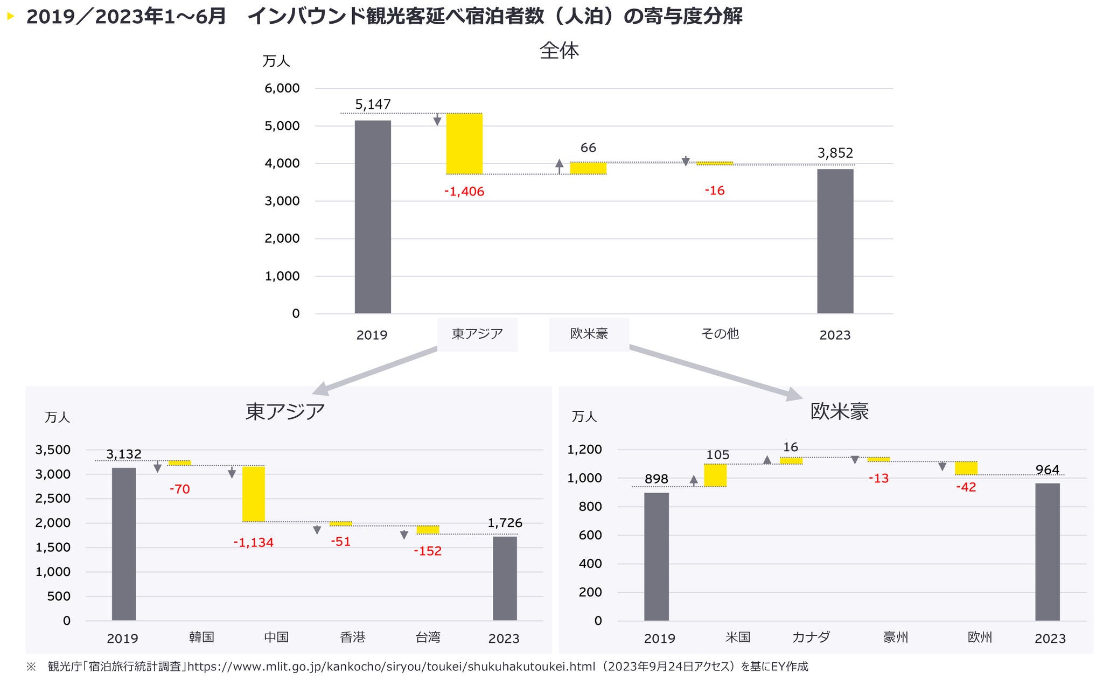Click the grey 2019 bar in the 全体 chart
373,216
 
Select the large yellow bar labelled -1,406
464,144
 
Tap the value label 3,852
835,153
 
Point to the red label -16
715,191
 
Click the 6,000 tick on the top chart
282,88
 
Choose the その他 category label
720,334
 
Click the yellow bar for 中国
253,494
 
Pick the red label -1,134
253,543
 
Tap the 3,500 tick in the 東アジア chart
53,450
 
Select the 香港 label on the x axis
353,637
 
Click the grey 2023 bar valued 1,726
505,578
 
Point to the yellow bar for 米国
715,475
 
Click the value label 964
1047,470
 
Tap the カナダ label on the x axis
811,637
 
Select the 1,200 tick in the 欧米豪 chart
584,450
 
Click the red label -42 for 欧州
966,487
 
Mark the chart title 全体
559,51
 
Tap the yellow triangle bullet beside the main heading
10,17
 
